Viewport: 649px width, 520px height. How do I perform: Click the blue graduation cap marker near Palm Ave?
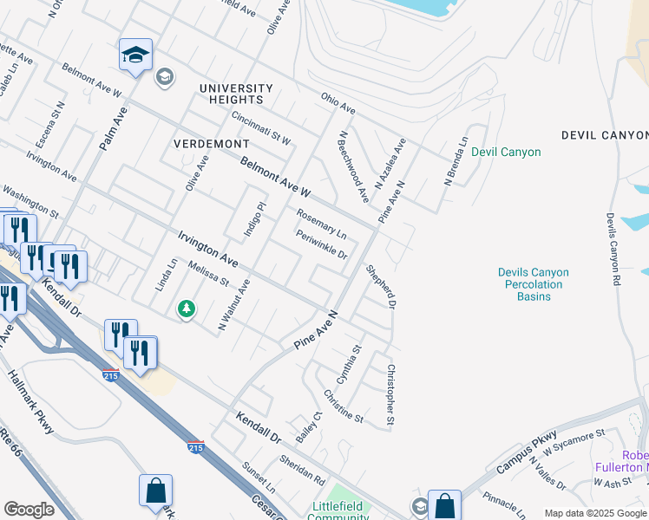pyautogui.click(x=135, y=55)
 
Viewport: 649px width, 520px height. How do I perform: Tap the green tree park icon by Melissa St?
pyautogui.click(x=186, y=309)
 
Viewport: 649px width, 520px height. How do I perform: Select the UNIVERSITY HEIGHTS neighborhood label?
pyautogui.click(x=235, y=88)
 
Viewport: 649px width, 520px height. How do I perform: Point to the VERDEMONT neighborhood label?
pyautogui.click(x=212, y=143)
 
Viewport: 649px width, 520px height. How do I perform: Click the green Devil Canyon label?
pyautogui.click(x=506, y=152)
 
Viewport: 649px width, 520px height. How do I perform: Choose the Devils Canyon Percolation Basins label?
pyautogui.click(x=534, y=284)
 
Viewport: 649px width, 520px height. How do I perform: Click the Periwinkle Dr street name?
pyautogui.click(x=322, y=245)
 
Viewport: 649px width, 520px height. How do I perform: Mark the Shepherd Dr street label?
pyautogui.click(x=380, y=287)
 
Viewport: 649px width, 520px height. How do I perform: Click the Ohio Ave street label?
pyautogui.click(x=338, y=104)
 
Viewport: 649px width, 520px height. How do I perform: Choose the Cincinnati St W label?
pyautogui.click(x=261, y=127)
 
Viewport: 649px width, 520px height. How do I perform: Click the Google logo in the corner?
pyautogui.click(x=29, y=510)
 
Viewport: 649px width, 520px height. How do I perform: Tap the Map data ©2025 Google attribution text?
pyautogui.click(x=595, y=513)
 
